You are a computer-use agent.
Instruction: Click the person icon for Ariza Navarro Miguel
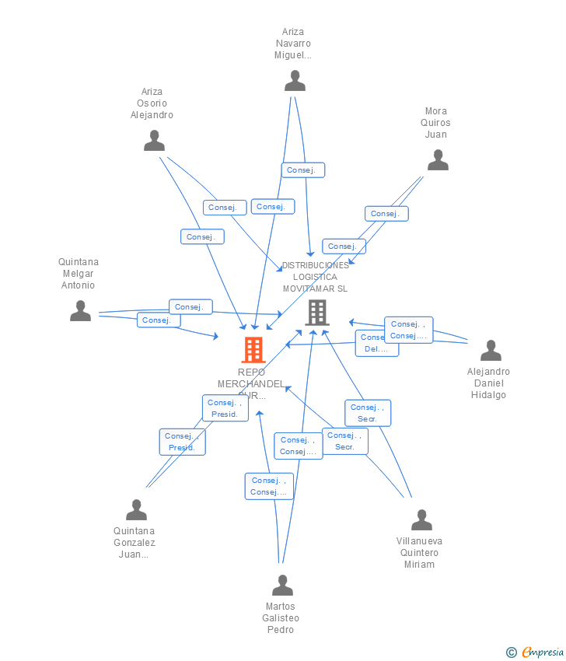pos(295,81)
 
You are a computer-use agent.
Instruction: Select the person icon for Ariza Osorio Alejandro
pos(154,141)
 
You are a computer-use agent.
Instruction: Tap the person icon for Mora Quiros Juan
pos(438,160)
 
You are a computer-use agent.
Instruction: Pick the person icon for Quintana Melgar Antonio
pos(80,311)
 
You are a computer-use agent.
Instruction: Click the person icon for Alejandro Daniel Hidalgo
pos(491,351)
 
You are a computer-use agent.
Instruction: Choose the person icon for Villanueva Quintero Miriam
pos(421,519)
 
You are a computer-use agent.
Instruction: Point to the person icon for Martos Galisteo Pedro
pos(282,585)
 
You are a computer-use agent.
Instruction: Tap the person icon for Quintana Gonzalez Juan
pos(136,510)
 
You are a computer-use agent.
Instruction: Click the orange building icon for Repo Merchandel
pos(253,350)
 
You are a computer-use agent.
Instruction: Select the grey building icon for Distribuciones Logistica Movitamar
pos(317,312)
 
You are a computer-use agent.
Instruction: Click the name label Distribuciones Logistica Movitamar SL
pos(316,277)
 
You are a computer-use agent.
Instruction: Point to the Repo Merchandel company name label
pos(251,383)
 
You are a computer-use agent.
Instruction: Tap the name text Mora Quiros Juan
pos(435,123)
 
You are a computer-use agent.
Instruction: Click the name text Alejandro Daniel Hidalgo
pos(488,383)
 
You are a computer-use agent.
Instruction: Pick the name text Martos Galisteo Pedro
pos(281,618)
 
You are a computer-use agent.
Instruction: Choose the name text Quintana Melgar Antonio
pos(79,274)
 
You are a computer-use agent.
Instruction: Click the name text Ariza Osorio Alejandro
pos(152,103)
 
